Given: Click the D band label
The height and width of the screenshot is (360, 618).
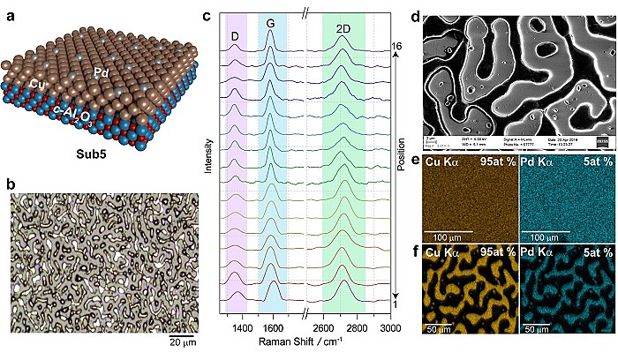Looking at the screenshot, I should (x=235, y=35).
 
